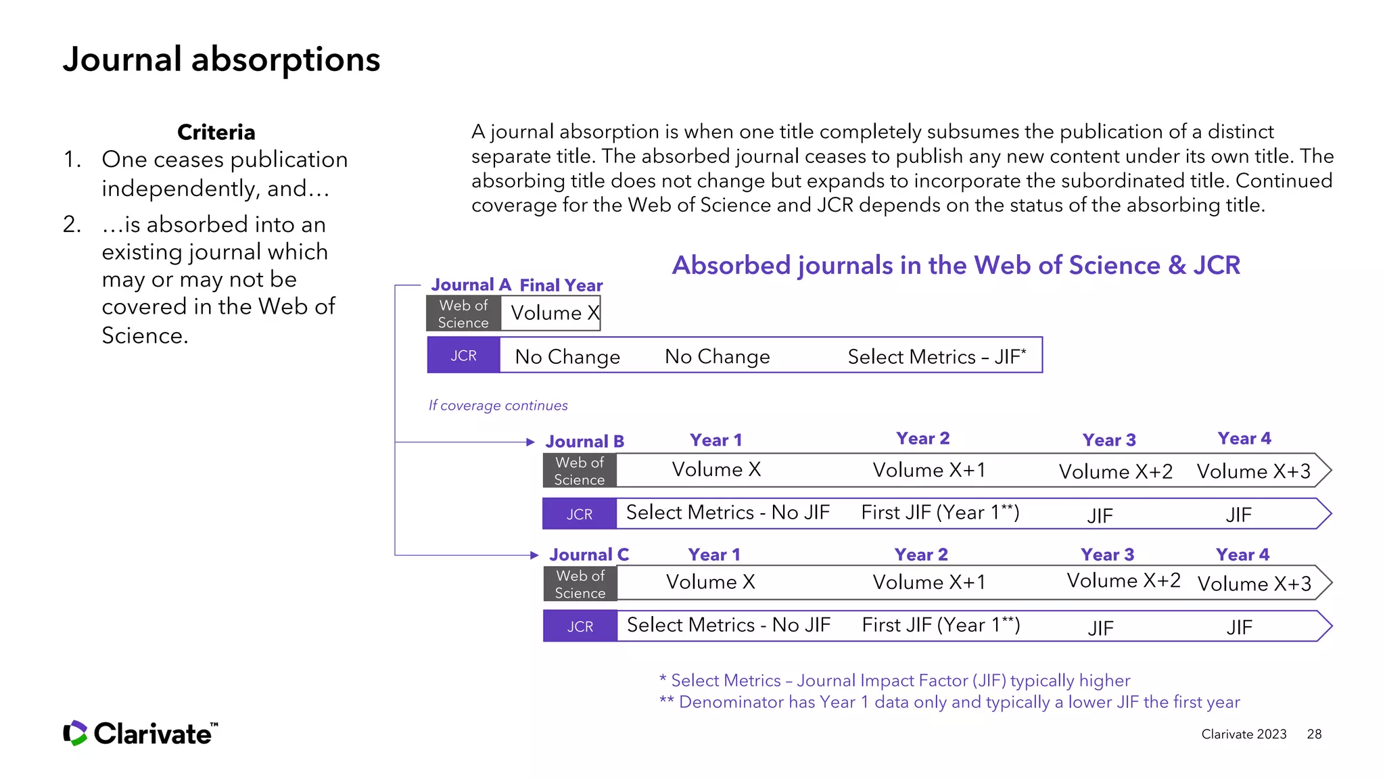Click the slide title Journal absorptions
(221, 60)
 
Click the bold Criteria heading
(216, 132)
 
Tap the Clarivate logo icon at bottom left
(75, 733)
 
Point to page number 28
(1314, 734)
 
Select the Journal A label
(471, 285)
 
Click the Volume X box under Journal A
(551, 313)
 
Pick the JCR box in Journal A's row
(463, 356)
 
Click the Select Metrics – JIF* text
(937, 356)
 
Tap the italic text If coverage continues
(498, 406)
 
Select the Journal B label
(584, 442)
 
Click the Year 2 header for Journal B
(922, 439)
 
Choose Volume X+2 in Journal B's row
(1115, 471)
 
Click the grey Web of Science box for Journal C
(580, 584)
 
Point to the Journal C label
(588, 555)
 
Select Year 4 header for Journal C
(1242, 555)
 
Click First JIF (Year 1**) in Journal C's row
(941, 625)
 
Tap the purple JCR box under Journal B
(579, 515)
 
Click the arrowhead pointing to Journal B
(531, 442)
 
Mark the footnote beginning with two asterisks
(949, 703)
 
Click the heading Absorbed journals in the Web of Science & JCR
(956, 266)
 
